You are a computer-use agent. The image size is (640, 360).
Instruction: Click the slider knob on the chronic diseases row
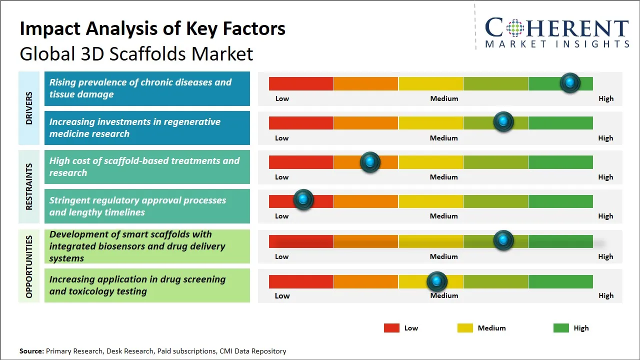pyautogui.click(x=570, y=83)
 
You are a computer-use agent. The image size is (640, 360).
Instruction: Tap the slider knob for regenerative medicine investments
pyautogui.click(x=503, y=122)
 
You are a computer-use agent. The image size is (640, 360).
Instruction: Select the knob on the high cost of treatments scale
pyautogui.click(x=370, y=162)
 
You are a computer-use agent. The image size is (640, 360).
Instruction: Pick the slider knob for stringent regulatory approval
pyautogui.click(x=303, y=200)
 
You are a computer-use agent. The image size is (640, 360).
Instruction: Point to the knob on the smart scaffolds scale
pyautogui.click(x=503, y=240)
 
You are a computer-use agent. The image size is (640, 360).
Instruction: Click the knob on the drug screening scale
pyautogui.click(x=437, y=281)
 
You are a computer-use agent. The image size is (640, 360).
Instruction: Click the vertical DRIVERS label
pyautogui.click(x=29, y=107)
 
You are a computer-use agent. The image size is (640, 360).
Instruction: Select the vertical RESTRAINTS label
pyautogui.click(x=29, y=186)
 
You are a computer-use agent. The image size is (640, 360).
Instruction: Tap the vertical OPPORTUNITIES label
pyautogui.click(x=29, y=266)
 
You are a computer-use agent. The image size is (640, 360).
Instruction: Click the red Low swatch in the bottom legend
pyautogui.click(x=391, y=328)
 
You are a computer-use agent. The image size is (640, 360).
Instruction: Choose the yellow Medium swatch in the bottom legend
pyautogui.click(x=465, y=328)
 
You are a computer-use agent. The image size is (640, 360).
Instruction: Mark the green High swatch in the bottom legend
pyautogui.click(x=561, y=328)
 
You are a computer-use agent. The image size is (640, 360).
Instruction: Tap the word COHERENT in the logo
pyautogui.click(x=557, y=28)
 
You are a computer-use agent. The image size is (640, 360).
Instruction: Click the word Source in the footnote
pyautogui.click(x=31, y=351)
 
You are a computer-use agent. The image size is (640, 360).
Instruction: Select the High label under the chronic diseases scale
pyautogui.click(x=606, y=98)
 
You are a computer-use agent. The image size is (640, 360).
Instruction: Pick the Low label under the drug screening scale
pyautogui.click(x=282, y=295)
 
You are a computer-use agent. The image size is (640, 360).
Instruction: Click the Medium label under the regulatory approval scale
pyautogui.click(x=444, y=216)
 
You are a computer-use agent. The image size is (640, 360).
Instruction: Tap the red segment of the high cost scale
pyautogui.click(x=301, y=162)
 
